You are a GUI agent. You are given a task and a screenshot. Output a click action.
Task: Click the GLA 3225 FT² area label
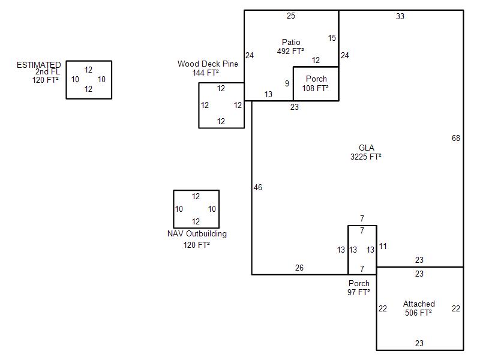366,152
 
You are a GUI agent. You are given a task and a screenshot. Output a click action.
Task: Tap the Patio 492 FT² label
291,46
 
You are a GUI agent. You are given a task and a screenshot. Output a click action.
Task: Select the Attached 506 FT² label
419,308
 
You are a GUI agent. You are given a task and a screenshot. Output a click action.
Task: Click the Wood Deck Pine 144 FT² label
208,68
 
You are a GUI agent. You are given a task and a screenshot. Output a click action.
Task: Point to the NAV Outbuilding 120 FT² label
197,239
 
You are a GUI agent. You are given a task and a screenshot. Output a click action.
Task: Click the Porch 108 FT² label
316,83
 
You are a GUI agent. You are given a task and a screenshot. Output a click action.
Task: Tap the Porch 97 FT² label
359,287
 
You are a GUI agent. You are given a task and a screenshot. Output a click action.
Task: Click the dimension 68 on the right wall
456,139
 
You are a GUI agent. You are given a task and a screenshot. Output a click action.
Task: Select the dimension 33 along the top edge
400,17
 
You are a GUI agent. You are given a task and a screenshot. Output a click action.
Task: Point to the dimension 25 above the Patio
291,16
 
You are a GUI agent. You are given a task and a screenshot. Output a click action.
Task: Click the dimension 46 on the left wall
258,188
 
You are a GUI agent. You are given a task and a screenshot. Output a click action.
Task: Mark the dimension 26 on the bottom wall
299,268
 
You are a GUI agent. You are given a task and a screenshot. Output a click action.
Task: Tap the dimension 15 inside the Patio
332,38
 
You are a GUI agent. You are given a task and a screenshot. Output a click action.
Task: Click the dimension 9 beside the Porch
287,83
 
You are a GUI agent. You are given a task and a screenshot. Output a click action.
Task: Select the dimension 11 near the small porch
383,246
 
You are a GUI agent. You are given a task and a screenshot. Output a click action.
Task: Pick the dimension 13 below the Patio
268,94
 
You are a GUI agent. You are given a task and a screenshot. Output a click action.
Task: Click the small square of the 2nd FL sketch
89,79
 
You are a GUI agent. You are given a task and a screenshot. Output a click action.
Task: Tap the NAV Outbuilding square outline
196,209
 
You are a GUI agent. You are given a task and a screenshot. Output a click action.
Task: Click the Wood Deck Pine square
221,105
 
